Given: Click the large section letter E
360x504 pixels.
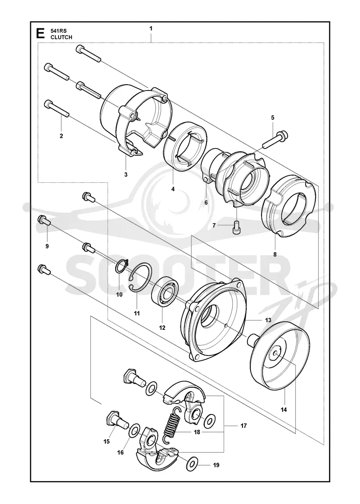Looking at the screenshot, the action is [x=40, y=33].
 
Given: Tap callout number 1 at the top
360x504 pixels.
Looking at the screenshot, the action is [x=151, y=28].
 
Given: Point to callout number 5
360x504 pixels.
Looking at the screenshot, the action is [x=273, y=117].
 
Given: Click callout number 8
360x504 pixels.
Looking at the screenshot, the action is [x=275, y=255].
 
